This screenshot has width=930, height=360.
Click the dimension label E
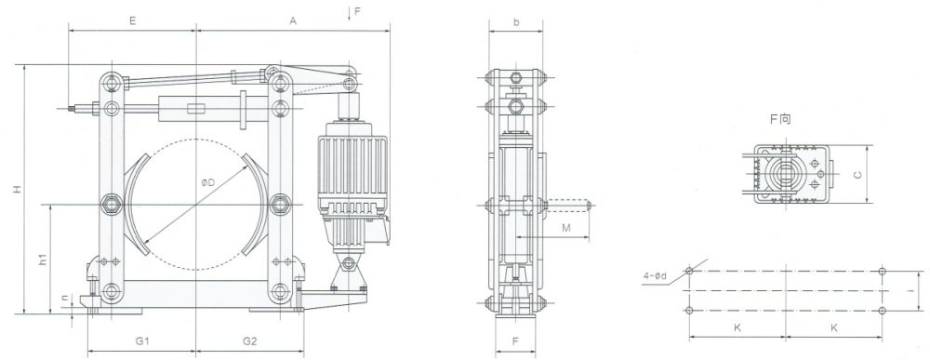(133, 19)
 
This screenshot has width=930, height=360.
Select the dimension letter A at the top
(293, 19)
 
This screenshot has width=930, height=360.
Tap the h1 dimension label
(43, 262)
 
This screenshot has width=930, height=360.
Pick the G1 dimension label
(142, 341)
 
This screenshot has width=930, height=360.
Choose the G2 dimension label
(250, 341)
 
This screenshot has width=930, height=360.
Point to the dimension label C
(884, 174)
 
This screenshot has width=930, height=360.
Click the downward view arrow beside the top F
(346, 13)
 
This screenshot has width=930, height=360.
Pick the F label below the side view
(515, 341)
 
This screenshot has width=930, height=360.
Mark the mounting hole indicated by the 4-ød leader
(689, 272)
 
